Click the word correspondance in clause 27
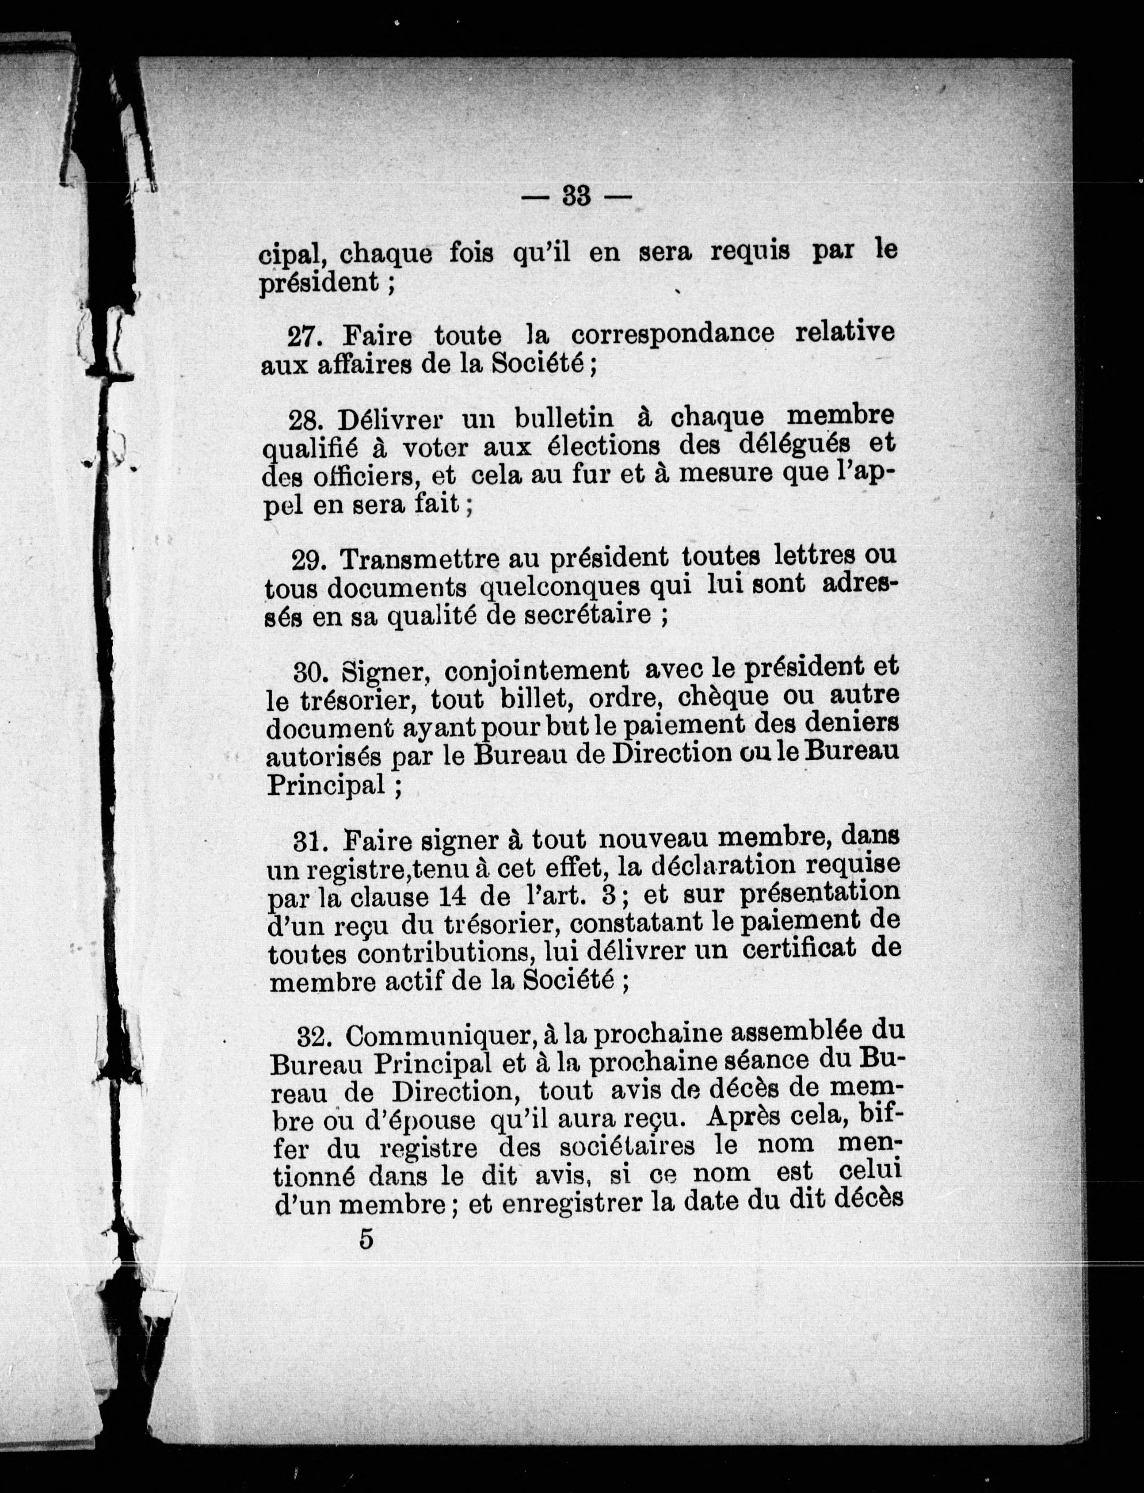pyautogui.click(x=672, y=334)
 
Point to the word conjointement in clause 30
pyautogui.click(x=537, y=671)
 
